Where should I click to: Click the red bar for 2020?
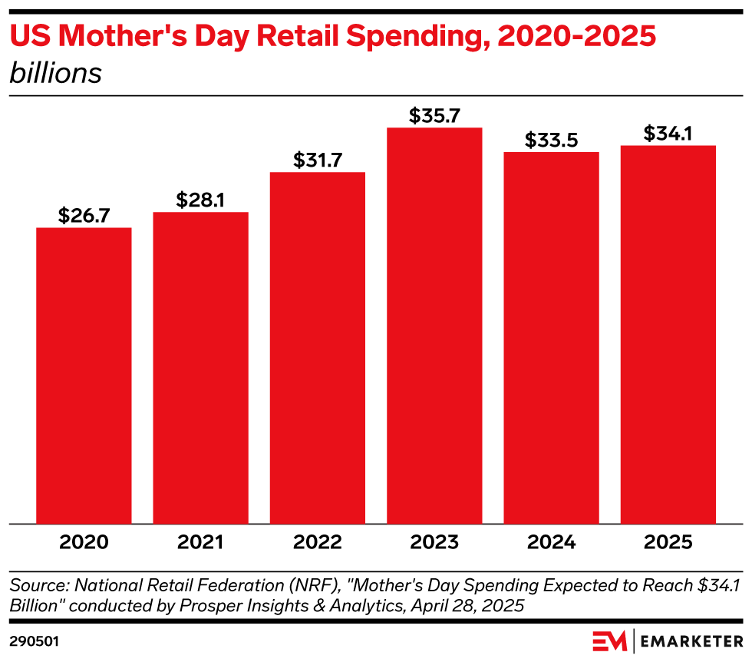[84, 376]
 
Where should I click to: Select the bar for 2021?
[200, 368]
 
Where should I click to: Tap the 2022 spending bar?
[318, 348]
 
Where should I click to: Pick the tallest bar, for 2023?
[434, 326]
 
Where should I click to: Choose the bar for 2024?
[552, 338]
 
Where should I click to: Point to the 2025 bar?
[668, 335]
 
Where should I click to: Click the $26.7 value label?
[84, 216]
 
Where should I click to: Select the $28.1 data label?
[200, 200]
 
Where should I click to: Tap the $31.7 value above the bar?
[318, 161]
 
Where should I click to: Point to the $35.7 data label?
[434, 116]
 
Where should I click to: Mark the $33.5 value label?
[552, 141]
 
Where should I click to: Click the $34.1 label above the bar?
[668, 134]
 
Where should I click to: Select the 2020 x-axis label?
[84, 542]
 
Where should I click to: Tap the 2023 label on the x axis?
[434, 542]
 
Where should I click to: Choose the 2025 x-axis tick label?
[668, 542]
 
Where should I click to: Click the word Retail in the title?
[298, 35]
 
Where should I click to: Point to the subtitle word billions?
[55, 73]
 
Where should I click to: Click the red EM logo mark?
[609, 641]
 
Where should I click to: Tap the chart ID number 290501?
[34, 641]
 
